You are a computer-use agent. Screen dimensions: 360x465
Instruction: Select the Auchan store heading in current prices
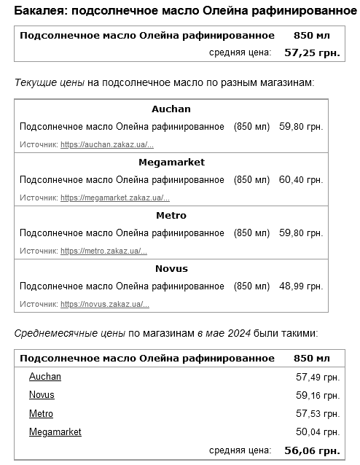tap(171, 109)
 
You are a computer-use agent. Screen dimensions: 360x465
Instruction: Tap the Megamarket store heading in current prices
tap(171, 162)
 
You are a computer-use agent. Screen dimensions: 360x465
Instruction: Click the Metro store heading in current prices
tap(171, 215)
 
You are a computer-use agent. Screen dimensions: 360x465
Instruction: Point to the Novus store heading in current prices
tap(171, 268)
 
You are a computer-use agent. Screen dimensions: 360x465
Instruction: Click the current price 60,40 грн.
tap(301, 180)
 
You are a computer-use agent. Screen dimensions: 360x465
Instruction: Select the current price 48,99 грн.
tap(301, 286)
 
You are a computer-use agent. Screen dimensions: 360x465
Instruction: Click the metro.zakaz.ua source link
tap(104, 251)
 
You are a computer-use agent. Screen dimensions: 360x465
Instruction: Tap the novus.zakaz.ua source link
tap(105, 304)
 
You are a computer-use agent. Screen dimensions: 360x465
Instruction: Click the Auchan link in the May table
tap(45, 377)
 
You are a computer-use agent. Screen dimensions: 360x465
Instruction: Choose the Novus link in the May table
tap(42, 395)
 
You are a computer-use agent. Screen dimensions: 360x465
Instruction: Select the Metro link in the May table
tap(41, 414)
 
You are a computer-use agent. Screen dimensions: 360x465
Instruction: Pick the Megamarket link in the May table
tap(55, 432)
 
